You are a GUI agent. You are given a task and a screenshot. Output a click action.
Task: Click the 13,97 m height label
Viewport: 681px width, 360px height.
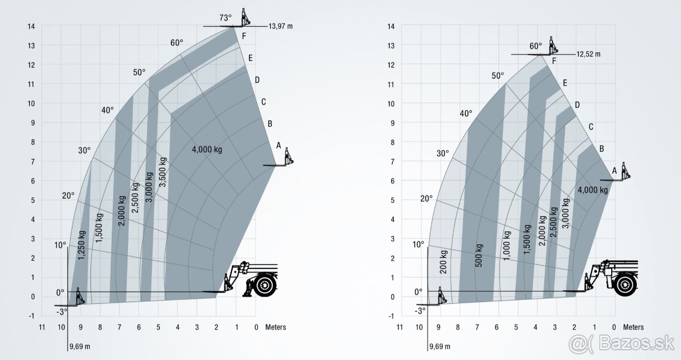click(x=280, y=26)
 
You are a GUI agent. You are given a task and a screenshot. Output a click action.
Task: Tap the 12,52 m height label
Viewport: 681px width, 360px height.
click(x=588, y=54)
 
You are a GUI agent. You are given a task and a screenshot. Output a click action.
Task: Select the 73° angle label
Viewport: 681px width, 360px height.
click(x=225, y=18)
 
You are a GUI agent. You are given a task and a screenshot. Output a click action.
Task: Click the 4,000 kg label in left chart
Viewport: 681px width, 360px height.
click(x=207, y=149)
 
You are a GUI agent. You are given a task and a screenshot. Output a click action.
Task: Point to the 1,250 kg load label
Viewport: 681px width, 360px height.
click(x=82, y=245)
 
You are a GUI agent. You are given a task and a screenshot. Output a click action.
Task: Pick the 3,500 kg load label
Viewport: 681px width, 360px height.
click(x=163, y=172)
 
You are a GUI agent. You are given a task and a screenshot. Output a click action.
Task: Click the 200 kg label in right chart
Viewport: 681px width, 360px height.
click(x=444, y=262)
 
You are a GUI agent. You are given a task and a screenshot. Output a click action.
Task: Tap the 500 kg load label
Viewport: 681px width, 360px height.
click(x=479, y=256)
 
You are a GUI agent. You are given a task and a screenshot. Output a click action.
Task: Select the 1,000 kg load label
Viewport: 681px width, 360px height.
click(x=507, y=246)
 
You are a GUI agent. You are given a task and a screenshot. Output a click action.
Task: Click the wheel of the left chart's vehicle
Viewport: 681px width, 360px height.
click(x=265, y=285)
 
